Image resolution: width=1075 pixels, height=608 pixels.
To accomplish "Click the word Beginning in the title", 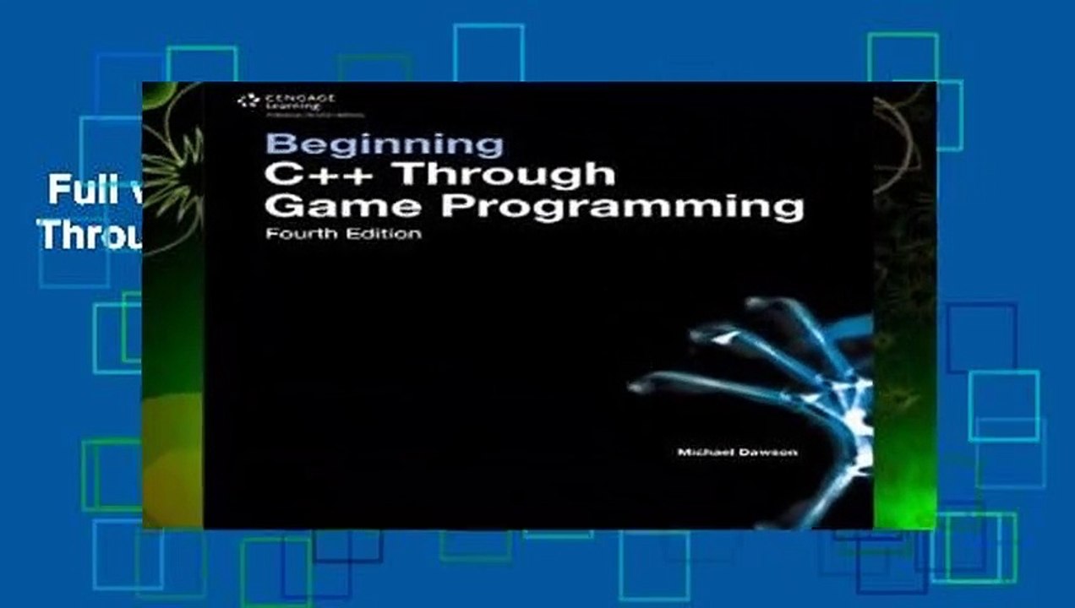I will [385, 144].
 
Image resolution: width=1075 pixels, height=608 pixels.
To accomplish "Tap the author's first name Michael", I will [704, 452].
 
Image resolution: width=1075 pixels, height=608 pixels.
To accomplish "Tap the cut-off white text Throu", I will [89, 235].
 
